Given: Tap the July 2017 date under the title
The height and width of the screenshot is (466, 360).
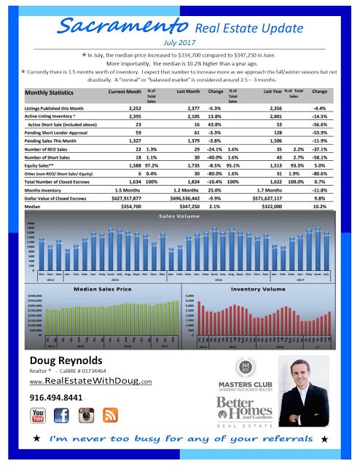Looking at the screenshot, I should click(181, 43).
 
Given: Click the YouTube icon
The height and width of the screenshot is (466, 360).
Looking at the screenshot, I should click(39, 417).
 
